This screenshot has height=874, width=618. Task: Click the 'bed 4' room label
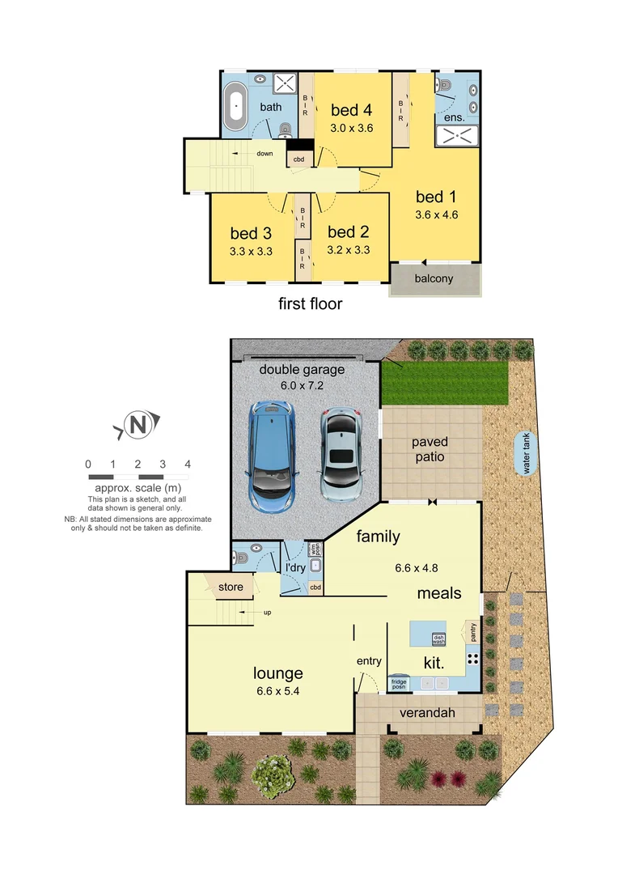point(351,111)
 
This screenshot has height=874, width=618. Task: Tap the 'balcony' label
point(434,279)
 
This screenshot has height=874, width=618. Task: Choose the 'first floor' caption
point(310,304)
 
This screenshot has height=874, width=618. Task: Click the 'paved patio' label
point(430,450)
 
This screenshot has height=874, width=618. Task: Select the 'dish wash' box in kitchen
point(438,639)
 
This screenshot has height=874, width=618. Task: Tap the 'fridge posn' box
point(399,682)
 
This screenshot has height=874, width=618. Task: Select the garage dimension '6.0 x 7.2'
point(302,386)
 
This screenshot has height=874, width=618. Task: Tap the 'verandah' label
point(429,713)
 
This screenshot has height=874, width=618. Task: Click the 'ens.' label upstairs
point(455,118)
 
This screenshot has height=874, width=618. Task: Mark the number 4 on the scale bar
point(188,465)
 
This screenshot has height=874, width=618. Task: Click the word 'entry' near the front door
point(369,662)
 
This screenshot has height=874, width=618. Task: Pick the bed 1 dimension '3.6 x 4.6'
point(436,215)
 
